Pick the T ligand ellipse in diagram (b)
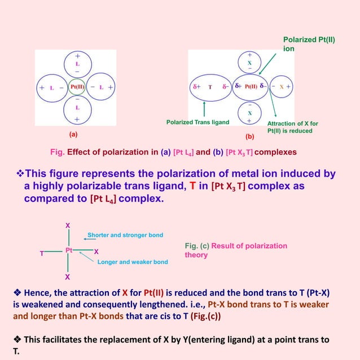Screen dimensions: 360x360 click(x=209, y=87)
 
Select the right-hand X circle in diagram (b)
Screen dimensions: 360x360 click(x=281, y=87)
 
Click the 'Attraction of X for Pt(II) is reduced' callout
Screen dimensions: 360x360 click(x=292, y=127)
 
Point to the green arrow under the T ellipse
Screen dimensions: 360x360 click(x=204, y=109)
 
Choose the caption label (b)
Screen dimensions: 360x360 click(x=249, y=136)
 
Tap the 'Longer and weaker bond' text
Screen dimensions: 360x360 click(x=133, y=262)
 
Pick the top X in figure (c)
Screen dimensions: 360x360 click(x=68, y=225)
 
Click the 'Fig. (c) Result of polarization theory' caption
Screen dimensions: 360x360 click(x=236, y=250)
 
